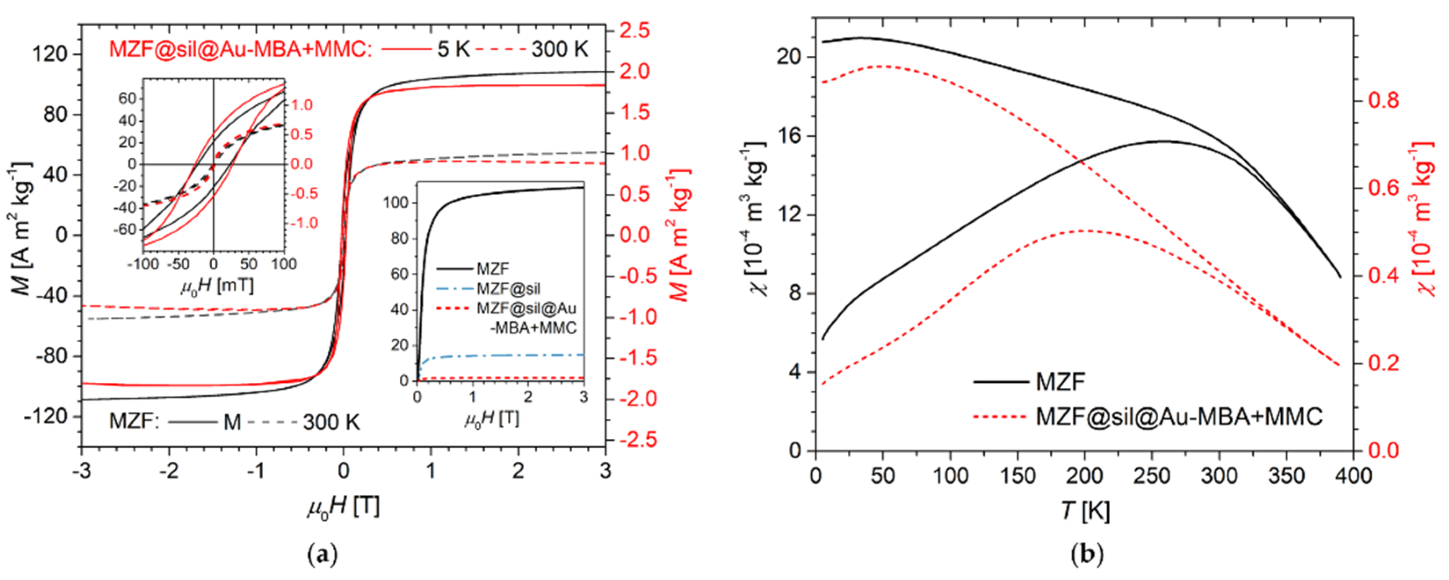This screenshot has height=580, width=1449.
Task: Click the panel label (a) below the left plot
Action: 323,555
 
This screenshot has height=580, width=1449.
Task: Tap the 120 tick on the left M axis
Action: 50,54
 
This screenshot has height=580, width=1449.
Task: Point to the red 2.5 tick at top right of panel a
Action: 635,31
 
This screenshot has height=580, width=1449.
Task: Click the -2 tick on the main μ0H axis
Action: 168,470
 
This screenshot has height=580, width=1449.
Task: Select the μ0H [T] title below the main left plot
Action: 343,506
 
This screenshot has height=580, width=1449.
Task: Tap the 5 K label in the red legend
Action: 453,50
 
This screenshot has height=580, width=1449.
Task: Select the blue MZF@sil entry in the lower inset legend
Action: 508,289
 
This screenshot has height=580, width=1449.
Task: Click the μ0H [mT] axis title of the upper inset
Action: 217,286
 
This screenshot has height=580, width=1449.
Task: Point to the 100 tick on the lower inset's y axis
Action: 396,203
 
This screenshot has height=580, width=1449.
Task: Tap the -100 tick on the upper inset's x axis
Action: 144,264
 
